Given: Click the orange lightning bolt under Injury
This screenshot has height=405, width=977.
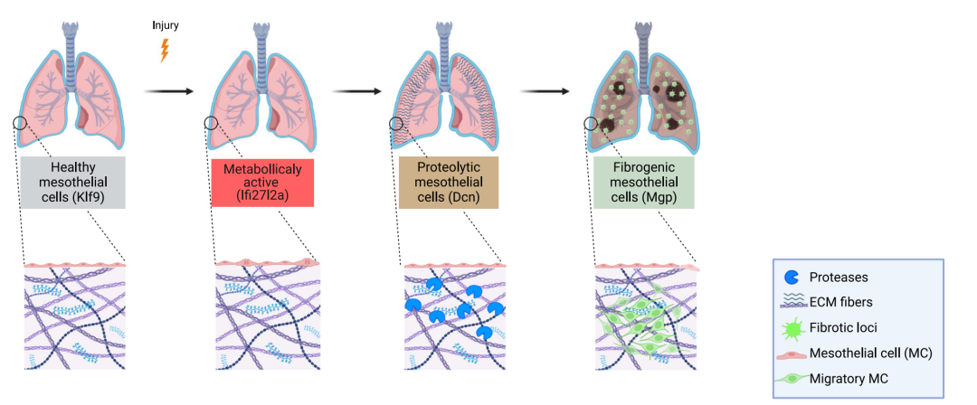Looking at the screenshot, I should click(x=164, y=50).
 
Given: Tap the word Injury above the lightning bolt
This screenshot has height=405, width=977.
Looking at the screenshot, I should click(x=165, y=25).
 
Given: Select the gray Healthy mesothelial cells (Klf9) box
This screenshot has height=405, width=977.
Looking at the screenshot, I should click(x=72, y=184).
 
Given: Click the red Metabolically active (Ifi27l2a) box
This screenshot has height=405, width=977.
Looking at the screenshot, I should click(x=262, y=184).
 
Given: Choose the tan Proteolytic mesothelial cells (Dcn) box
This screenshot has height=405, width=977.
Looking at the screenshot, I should click(x=449, y=184).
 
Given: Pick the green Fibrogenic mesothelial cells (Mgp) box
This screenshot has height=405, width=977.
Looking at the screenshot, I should click(x=643, y=184).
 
